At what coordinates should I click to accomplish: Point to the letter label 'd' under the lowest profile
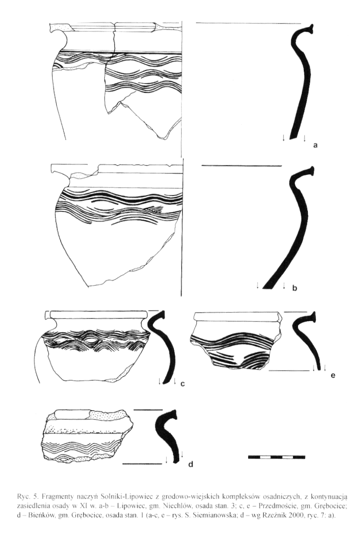click(191, 464)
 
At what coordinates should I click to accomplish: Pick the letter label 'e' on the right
click(333, 376)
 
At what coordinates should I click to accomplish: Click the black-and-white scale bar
click(276, 457)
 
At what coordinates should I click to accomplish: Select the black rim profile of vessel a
click(301, 82)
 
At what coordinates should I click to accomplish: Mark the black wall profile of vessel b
click(291, 226)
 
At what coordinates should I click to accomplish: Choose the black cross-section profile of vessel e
click(306, 339)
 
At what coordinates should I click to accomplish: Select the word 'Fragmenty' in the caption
click(52, 495)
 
